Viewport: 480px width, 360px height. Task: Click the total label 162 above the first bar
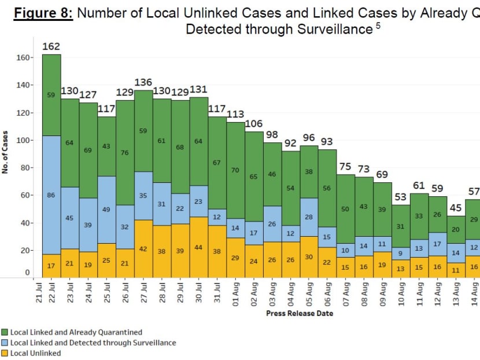51,46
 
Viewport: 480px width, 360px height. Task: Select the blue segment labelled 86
51,196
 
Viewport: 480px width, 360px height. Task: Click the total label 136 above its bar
144,82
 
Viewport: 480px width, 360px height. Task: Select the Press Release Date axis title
299,313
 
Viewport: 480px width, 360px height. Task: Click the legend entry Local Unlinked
35,353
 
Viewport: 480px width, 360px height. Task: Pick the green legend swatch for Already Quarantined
5,332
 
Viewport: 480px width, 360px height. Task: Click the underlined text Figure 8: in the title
43,13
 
